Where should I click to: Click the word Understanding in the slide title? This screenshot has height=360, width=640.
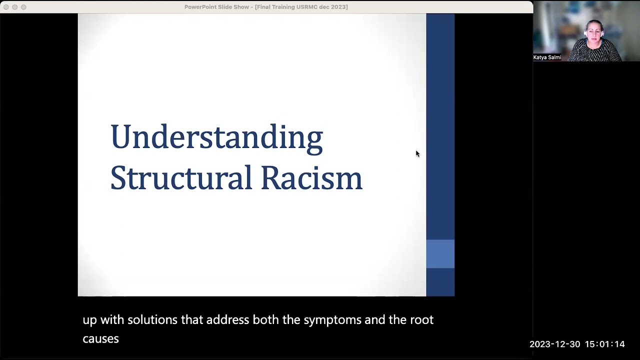[x=216, y=137]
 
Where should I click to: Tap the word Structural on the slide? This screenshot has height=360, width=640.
[x=181, y=177]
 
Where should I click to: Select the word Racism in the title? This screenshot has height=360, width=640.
[x=311, y=177]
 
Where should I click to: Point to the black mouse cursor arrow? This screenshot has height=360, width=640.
[x=417, y=153]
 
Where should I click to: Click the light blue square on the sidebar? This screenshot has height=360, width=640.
[x=440, y=253]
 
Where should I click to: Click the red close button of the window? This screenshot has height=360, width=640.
[x=6, y=7]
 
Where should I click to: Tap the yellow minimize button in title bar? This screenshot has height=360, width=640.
[x=14, y=7]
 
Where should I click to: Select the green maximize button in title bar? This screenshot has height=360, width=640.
[x=23, y=7]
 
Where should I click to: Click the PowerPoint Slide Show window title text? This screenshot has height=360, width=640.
[x=266, y=7]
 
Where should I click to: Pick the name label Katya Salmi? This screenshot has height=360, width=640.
[x=547, y=57]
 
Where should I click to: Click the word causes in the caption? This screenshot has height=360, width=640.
[x=100, y=339]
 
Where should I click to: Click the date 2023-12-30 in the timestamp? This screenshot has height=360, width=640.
[x=554, y=344]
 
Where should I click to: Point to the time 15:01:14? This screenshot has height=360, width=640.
[x=604, y=344]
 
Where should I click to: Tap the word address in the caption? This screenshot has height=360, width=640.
[x=227, y=320]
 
